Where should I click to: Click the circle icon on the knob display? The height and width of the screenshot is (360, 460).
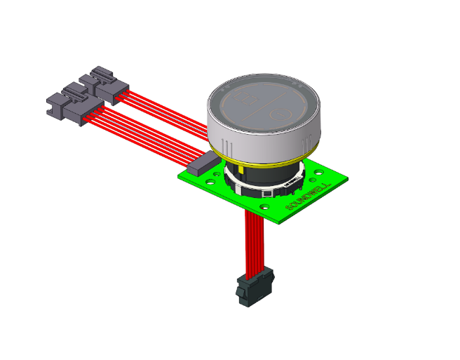[x=281, y=112]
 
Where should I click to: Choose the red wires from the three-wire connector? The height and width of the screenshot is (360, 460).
[x=168, y=109]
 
